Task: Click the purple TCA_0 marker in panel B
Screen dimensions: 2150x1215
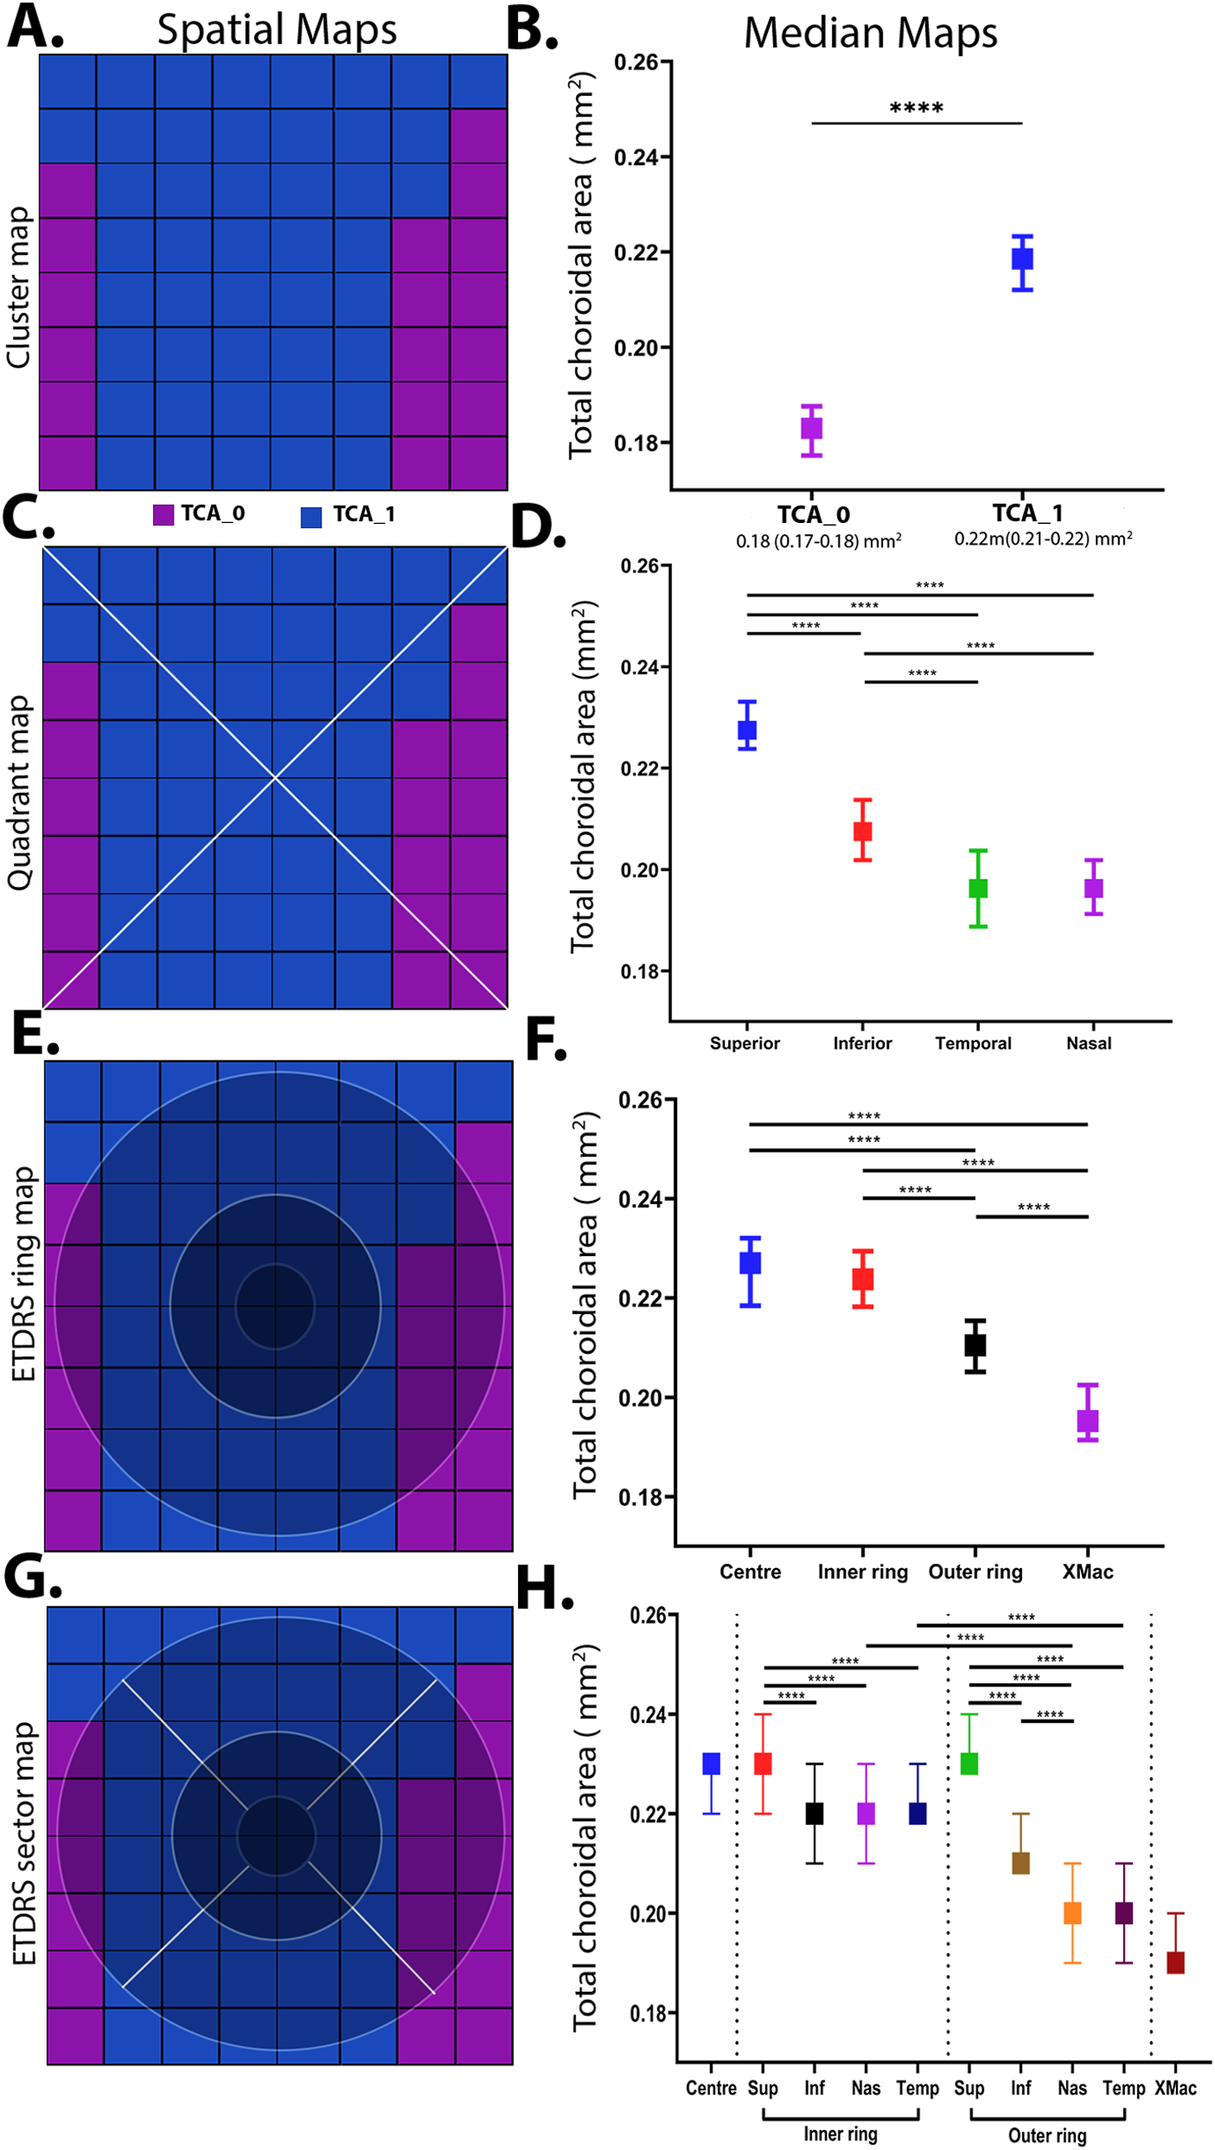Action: click(x=811, y=428)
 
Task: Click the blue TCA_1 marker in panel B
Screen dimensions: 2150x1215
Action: click(x=1022, y=259)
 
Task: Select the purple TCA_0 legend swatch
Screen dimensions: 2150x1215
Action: click(x=164, y=514)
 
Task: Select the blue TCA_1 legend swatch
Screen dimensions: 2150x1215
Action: click(x=311, y=516)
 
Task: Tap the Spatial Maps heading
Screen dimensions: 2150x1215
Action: click(x=276, y=30)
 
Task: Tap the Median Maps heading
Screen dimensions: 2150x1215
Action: click(x=870, y=33)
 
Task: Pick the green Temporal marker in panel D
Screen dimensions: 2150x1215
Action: click(x=978, y=888)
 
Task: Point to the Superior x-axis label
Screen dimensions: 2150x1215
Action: click(x=744, y=1043)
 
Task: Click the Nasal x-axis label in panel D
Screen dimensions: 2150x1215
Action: click(x=1088, y=1043)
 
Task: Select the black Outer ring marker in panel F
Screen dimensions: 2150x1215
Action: click(x=975, y=1345)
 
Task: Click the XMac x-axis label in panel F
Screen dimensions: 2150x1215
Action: click(x=1088, y=1572)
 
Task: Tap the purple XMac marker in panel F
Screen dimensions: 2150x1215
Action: click(x=1088, y=1421)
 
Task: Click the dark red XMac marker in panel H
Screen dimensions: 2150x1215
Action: click(x=1175, y=1961)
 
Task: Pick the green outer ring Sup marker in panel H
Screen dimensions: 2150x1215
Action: click(x=969, y=1764)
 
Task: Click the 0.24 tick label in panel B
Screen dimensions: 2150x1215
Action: click(x=636, y=157)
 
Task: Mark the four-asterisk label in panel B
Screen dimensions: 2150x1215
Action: click(x=916, y=108)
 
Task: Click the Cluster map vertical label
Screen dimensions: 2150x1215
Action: click(x=18, y=288)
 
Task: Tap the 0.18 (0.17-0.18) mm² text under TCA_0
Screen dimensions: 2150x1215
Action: click(x=818, y=542)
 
